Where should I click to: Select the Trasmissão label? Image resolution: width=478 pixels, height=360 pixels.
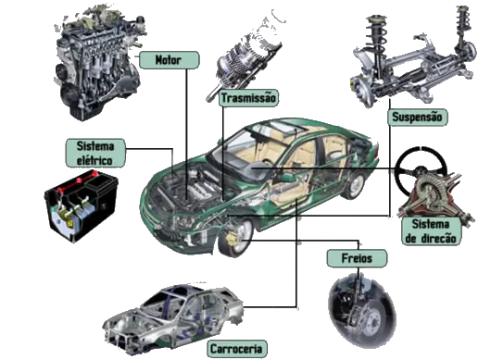(250, 97)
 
